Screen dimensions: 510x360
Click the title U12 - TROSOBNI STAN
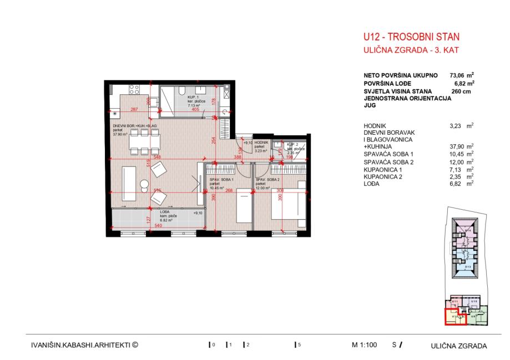tap(411, 38)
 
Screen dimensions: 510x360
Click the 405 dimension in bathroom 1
tap(194, 110)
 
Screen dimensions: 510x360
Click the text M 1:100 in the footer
tap(365, 344)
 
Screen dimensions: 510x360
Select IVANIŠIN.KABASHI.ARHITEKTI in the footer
tap(84, 344)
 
